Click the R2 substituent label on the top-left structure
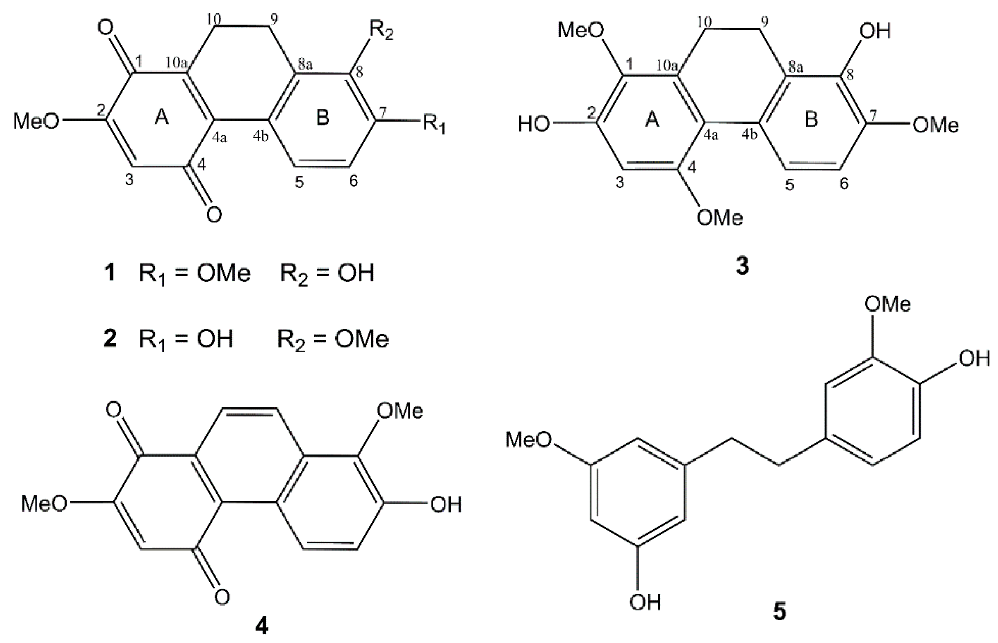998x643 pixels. [381, 32]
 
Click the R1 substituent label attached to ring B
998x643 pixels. [434, 124]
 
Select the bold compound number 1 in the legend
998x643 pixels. [109, 273]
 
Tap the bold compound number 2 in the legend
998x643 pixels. [109, 339]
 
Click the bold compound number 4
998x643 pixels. [262, 626]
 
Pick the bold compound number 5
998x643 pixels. [779, 611]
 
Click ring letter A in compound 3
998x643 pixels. [652, 120]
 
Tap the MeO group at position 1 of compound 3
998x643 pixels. [581, 30]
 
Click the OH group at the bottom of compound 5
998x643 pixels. [645, 602]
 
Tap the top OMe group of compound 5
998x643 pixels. [888, 304]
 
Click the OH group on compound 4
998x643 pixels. [446, 505]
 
